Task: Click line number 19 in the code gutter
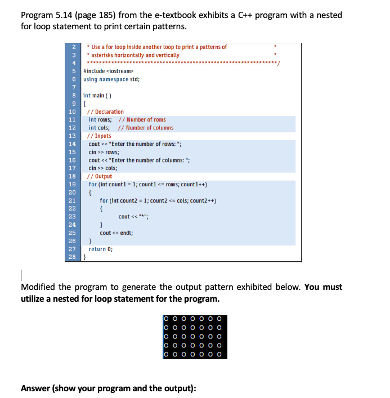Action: (72, 184)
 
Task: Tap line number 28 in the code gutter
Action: (72, 257)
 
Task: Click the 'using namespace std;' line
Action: (111, 79)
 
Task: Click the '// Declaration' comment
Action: (106, 111)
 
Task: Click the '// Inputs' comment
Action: (100, 136)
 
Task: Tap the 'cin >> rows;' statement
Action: (104, 152)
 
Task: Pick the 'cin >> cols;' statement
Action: (104, 168)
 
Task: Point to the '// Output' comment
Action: (100, 176)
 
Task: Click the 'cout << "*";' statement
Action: (133, 216)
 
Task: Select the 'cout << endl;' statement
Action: (116, 232)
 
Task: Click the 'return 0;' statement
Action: (101, 249)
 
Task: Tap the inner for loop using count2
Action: (158, 200)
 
